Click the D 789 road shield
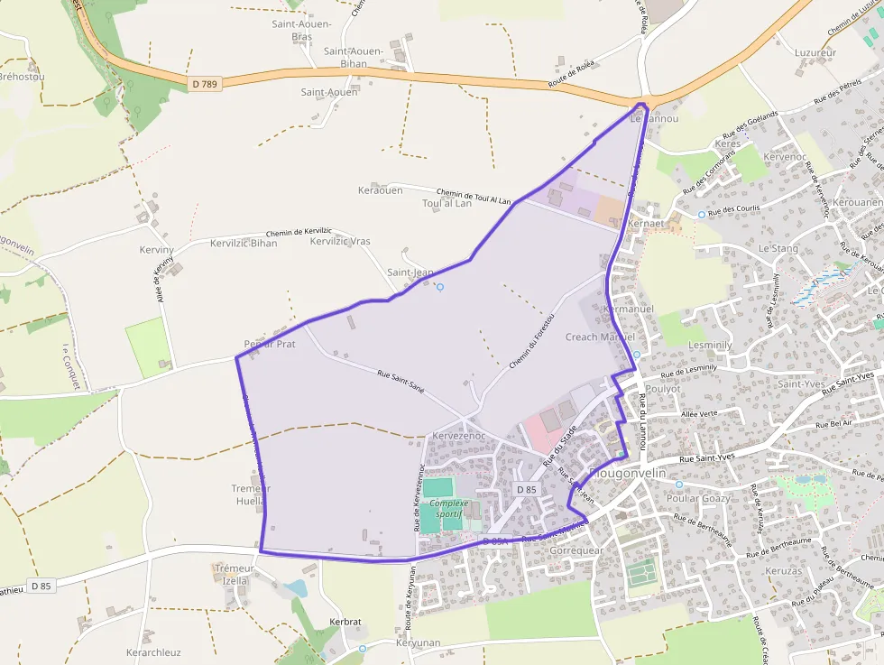tap(205, 84)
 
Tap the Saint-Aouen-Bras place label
tap(302, 30)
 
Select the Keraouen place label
tap(379, 190)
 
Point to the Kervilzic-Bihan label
tap(244, 243)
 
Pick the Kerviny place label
tap(156, 248)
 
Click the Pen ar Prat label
tap(270, 344)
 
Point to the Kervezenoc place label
tap(459, 436)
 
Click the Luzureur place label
tap(815, 52)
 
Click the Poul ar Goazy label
tap(698, 498)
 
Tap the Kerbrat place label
tap(345, 623)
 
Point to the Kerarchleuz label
tap(153, 652)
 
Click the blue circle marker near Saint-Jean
tap(440, 287)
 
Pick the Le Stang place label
tap(778, 247)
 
